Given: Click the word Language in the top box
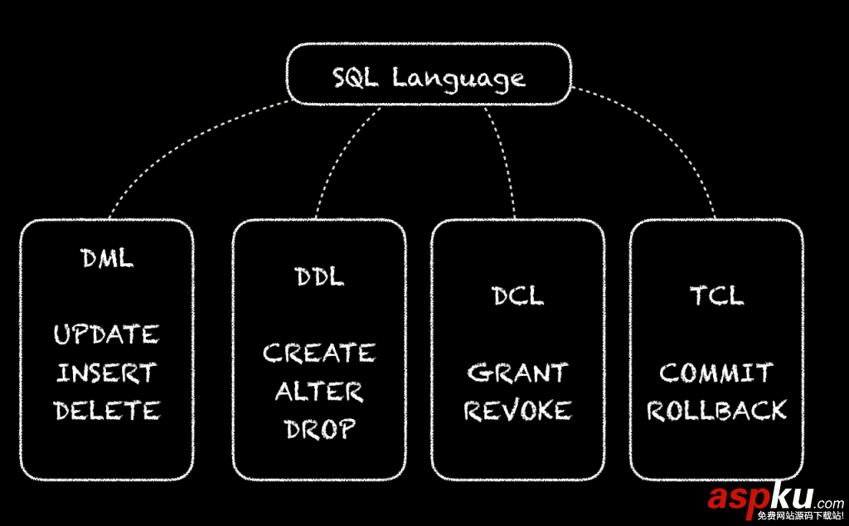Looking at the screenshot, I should [x=458, y=80].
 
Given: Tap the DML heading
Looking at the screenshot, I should [x=107, y=258].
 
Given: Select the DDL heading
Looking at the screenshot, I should [x=319, y=277].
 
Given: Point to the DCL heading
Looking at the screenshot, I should [x=518, y=295].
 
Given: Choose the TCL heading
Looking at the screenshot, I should [x=716, y=295].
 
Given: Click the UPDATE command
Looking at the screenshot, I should [x=106, y=335].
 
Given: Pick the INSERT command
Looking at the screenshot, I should [x=106, y=373].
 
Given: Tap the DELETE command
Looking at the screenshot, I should [x=107, y=411].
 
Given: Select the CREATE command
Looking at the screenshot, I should [x=319, y=354].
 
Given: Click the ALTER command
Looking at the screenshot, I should [x=319, y=392].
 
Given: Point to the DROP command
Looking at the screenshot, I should [x=320, y=429].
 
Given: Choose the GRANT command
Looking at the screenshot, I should [x=517, y=373].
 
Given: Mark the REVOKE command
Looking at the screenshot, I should [x=518, y=411].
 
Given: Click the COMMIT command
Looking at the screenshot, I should [x=716, y=373].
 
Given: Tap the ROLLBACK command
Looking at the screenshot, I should [x=716, y=411].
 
